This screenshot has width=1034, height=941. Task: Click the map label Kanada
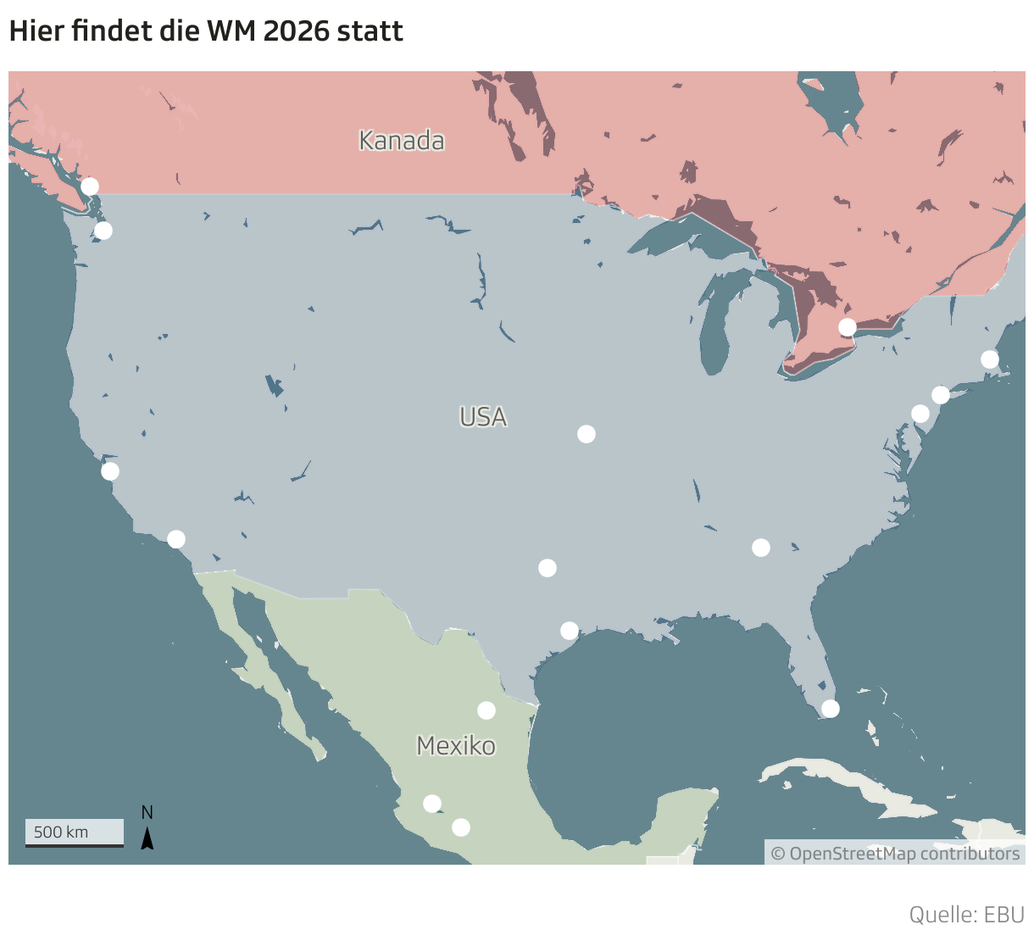click(x=401, y=141)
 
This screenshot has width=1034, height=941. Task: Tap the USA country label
click(x=483, y=417)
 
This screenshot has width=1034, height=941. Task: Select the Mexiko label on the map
click(x=456, y=746)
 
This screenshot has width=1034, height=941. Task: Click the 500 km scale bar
click(x=74, y=832)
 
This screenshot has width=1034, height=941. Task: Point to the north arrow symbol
click(x=147, y=838)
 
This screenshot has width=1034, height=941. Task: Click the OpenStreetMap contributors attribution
click(x=895, y=853)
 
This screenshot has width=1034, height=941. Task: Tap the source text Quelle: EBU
click(x=966, y=915)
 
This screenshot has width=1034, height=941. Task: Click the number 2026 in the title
click(x=296, y=31)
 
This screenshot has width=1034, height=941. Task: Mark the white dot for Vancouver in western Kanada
click(x=89, y=187)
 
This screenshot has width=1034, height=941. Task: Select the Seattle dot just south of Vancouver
click(x=103, y=231)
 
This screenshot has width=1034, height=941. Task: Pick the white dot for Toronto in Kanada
click(x=847, y=327)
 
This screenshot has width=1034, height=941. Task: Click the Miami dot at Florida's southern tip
click(x=831, y=708)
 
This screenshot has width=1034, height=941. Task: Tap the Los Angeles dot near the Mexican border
click(x=175, y=539)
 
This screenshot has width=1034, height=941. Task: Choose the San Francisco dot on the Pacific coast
click(x=110, y=471)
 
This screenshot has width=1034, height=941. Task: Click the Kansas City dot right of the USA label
click(x=586, y=434)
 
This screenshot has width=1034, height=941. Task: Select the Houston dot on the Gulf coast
click(x=570, y=631)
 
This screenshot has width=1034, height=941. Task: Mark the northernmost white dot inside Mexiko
click(x=486, y=710)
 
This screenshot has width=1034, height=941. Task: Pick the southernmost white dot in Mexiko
click(x=460, y=827)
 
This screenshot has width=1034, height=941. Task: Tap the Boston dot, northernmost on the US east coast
click(x=989, y=359)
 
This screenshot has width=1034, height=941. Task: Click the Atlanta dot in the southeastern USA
click(x=760, y=548)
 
